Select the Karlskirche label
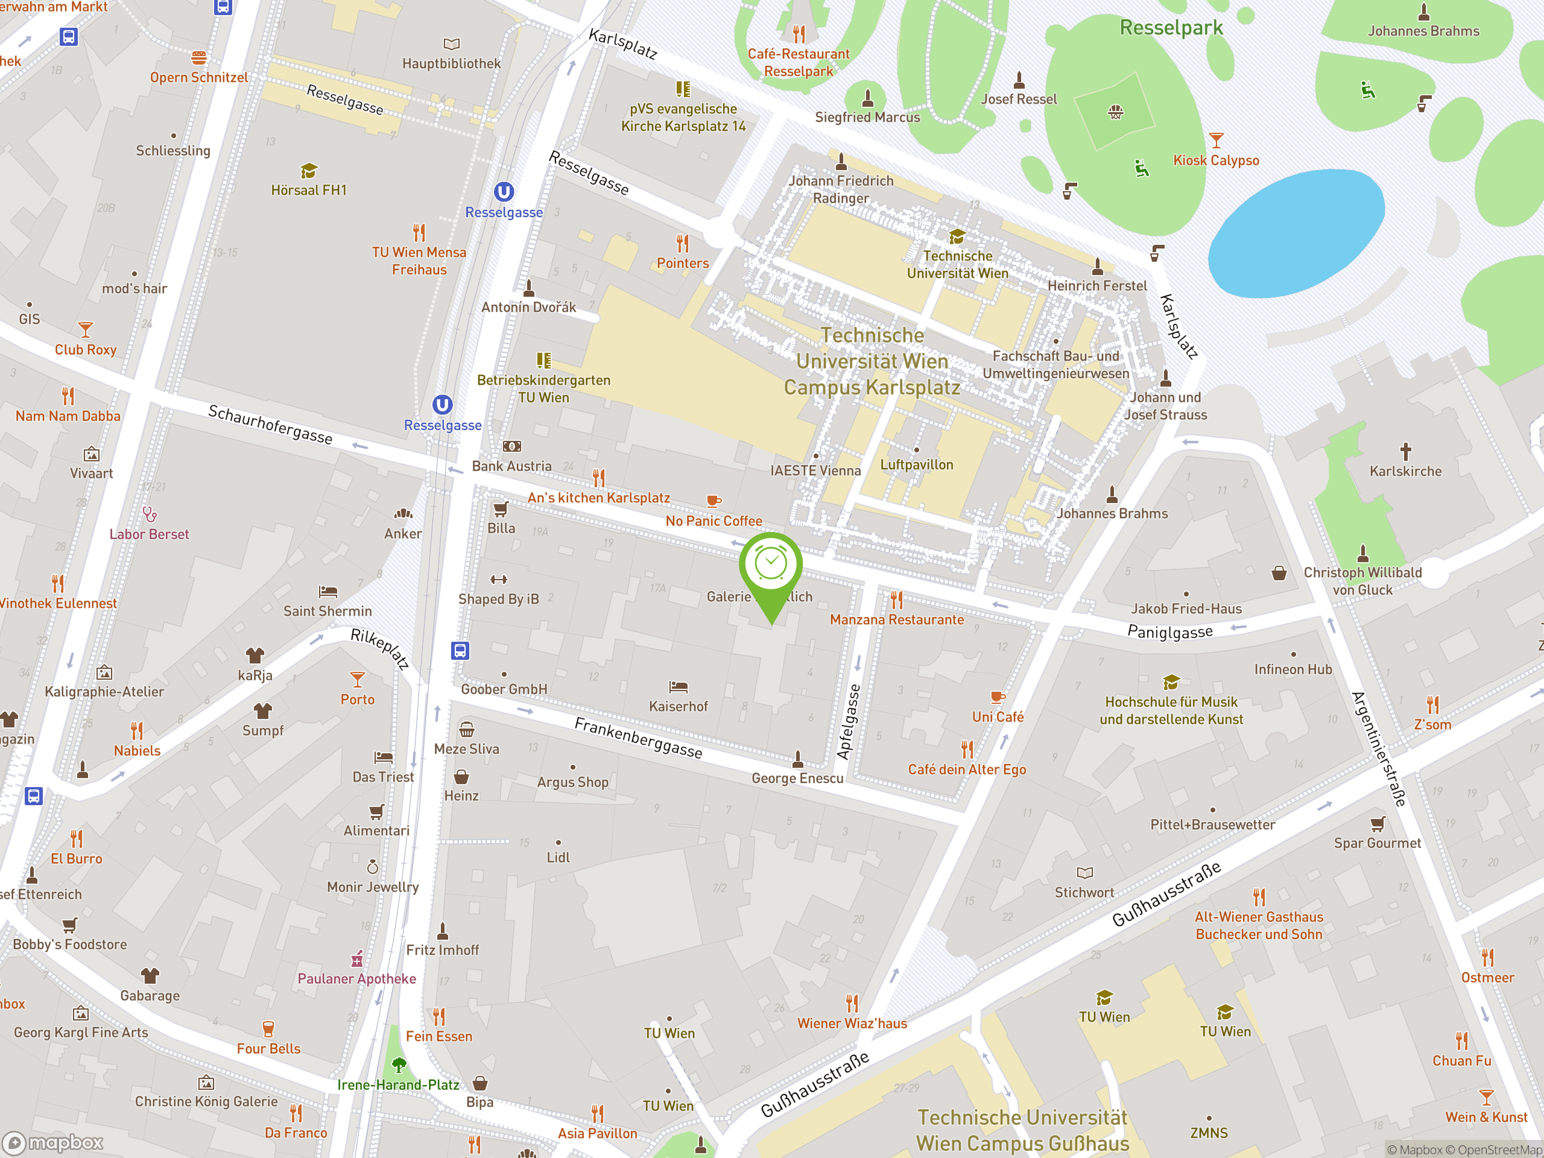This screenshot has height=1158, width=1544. coord(1405,471)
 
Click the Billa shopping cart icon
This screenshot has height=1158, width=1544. coord(501,509)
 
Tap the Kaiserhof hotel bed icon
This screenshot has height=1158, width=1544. coord(678,687)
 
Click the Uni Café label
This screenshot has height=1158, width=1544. coord(998,717)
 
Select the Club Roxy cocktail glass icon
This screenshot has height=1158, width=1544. coord(85,329)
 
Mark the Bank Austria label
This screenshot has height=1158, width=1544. coord(511,466)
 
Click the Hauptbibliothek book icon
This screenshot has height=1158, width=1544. coord(452,44)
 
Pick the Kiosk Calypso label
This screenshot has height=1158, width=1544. coord(1216,160)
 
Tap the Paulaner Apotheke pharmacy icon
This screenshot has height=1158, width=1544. coord(356,959)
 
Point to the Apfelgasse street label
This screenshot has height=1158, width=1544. coord(849,722)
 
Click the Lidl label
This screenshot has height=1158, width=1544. coord(558,858)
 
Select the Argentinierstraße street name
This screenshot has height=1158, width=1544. coord(1379,749)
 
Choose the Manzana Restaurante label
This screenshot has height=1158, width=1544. coord(896,620)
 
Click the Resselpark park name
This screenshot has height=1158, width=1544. coord(1171,28)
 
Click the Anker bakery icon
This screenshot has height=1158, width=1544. coord(403,514)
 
